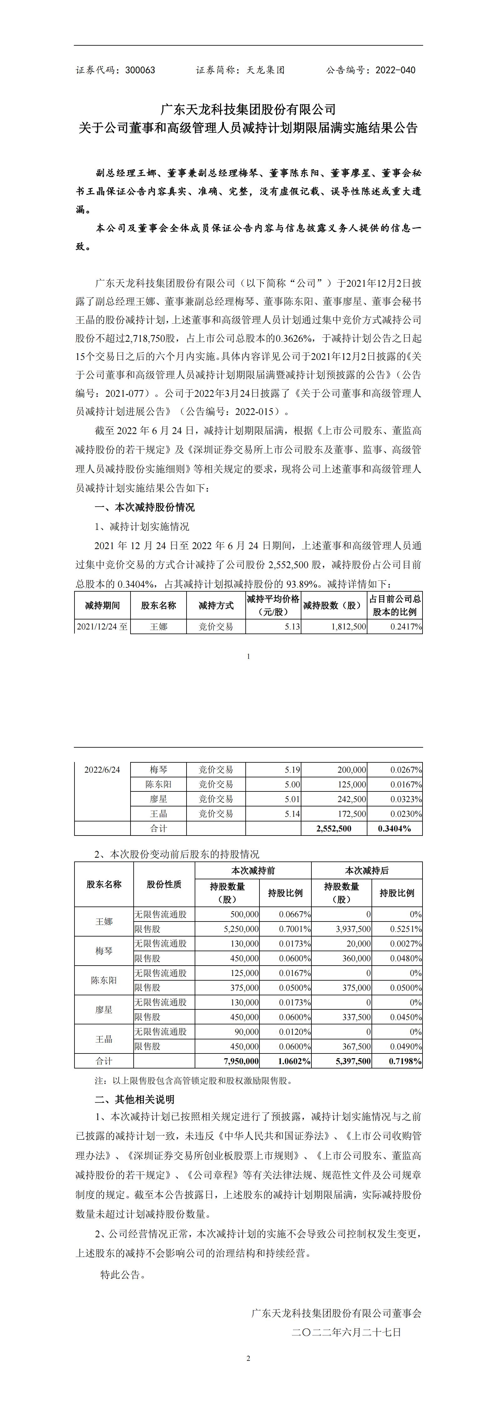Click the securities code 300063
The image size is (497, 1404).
[x=140, y=70]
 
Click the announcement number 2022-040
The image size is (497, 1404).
[x=395, y=70]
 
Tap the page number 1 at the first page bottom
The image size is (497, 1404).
[x=248, y=656]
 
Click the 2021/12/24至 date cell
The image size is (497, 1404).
[x=102, y=627]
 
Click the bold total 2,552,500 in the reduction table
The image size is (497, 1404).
[x=334, y=828]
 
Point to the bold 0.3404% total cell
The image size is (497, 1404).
[x=394, y=828]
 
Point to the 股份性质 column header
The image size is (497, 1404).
[x=164, y=885]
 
